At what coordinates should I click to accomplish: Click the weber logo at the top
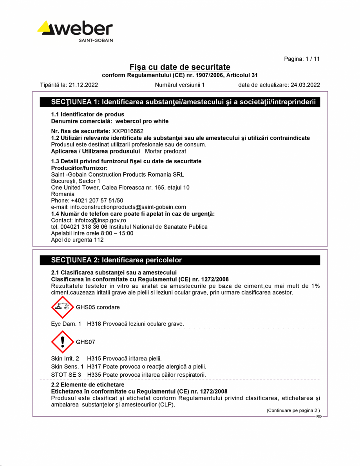click(x=75, y=31)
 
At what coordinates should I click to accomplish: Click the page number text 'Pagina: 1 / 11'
click(x=302, y=59)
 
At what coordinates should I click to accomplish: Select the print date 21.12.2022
click(x=83, y=85)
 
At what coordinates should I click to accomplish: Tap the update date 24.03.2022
click(x=305, y=85)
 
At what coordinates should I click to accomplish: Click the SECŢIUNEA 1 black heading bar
click(x=180, y=102)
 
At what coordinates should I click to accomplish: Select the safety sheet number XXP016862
click(x=128, y=131)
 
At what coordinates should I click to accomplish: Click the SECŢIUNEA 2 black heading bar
click(x=180, y=260)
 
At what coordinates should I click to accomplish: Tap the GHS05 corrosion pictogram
click(x=63, y=307)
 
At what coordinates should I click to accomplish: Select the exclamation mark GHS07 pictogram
click(x=63, y=342)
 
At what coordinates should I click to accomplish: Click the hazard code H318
click(x=93, y=324)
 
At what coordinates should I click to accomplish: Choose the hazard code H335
click(x=93, y=375)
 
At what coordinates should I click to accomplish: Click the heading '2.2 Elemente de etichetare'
click(x=87, y=385)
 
